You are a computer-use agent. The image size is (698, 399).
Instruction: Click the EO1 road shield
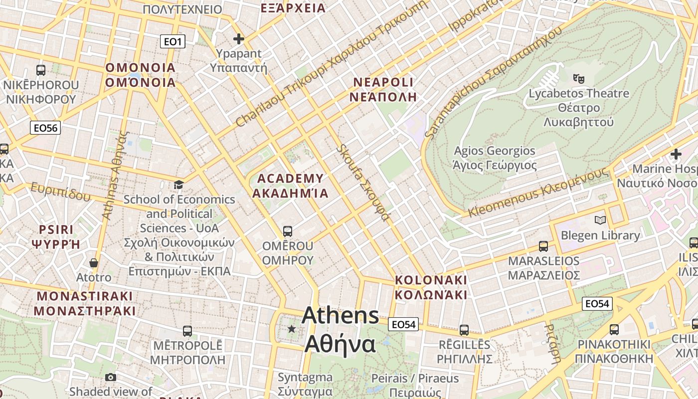173,41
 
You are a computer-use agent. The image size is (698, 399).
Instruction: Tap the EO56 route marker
45,128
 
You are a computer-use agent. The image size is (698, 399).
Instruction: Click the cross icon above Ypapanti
239,38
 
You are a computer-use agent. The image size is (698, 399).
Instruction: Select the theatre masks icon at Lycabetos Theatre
578,78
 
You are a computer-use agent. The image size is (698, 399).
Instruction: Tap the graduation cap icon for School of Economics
178,185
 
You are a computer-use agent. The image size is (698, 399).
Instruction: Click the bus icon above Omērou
287,231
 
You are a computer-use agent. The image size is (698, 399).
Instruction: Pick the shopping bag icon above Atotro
93,262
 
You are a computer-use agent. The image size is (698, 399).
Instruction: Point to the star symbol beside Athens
292,329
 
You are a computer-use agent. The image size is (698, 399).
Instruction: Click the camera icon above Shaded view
111,377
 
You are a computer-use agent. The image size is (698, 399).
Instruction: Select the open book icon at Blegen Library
600,220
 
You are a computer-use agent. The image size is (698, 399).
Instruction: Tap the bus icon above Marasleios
543,246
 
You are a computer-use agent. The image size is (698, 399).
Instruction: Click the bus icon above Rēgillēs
464,330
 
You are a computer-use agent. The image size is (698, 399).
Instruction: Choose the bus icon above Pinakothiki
614,330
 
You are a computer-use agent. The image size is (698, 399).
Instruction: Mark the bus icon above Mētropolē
187,331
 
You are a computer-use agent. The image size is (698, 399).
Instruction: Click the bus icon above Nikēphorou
41,70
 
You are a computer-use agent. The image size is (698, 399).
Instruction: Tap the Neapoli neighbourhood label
383,89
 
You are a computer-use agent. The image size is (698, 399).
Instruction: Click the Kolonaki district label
431,287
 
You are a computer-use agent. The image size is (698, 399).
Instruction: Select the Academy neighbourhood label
290,186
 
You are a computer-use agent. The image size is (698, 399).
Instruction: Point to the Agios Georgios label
494,158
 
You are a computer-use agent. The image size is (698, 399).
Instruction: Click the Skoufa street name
362,183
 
